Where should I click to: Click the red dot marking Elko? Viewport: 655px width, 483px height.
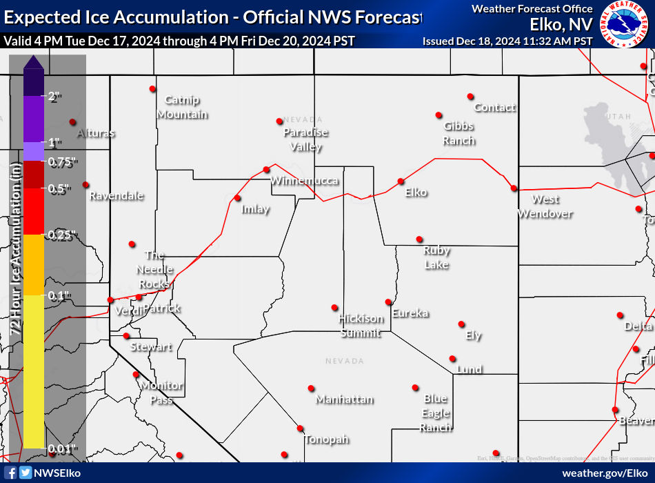pyautogui.click(x=401, y=181)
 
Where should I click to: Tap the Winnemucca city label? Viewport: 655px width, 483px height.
pyautogui.click(x=304, y=181)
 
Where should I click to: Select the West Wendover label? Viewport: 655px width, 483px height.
pyautogui.click(x=545, y=206)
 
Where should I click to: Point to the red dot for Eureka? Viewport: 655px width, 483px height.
pyautogui.click(x=388, y=302)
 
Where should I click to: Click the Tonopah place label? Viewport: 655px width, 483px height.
pyautogui.click(x=327, y=440)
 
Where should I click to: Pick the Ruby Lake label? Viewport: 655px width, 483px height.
pyautogui.click(x=436, y=257)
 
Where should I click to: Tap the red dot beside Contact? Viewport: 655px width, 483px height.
pyautogui.click(x=470, y=96)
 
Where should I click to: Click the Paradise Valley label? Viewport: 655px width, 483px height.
pyautogui.click(x=306, y=139)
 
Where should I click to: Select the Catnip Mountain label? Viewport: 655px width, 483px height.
pyautogui.click(x=182, y=107)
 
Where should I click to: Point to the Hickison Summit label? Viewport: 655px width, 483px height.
pyautogui.click(x=361, y=326)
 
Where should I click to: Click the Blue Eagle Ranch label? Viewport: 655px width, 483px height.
pyautogui.click(x=436, y=413)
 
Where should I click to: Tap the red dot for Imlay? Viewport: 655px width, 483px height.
pyautogui.click(x=237, y=198)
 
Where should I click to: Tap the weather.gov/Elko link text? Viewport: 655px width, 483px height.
pyautogui.click(x=604, y=473)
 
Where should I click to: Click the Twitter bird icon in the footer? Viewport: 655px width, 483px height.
pyautogui.click(x=26, y=473)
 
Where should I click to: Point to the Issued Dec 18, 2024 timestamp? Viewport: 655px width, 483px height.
pyautogui.click(x=507, y=41)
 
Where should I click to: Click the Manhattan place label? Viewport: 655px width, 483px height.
pyautogui.click(x=345, y=400)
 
